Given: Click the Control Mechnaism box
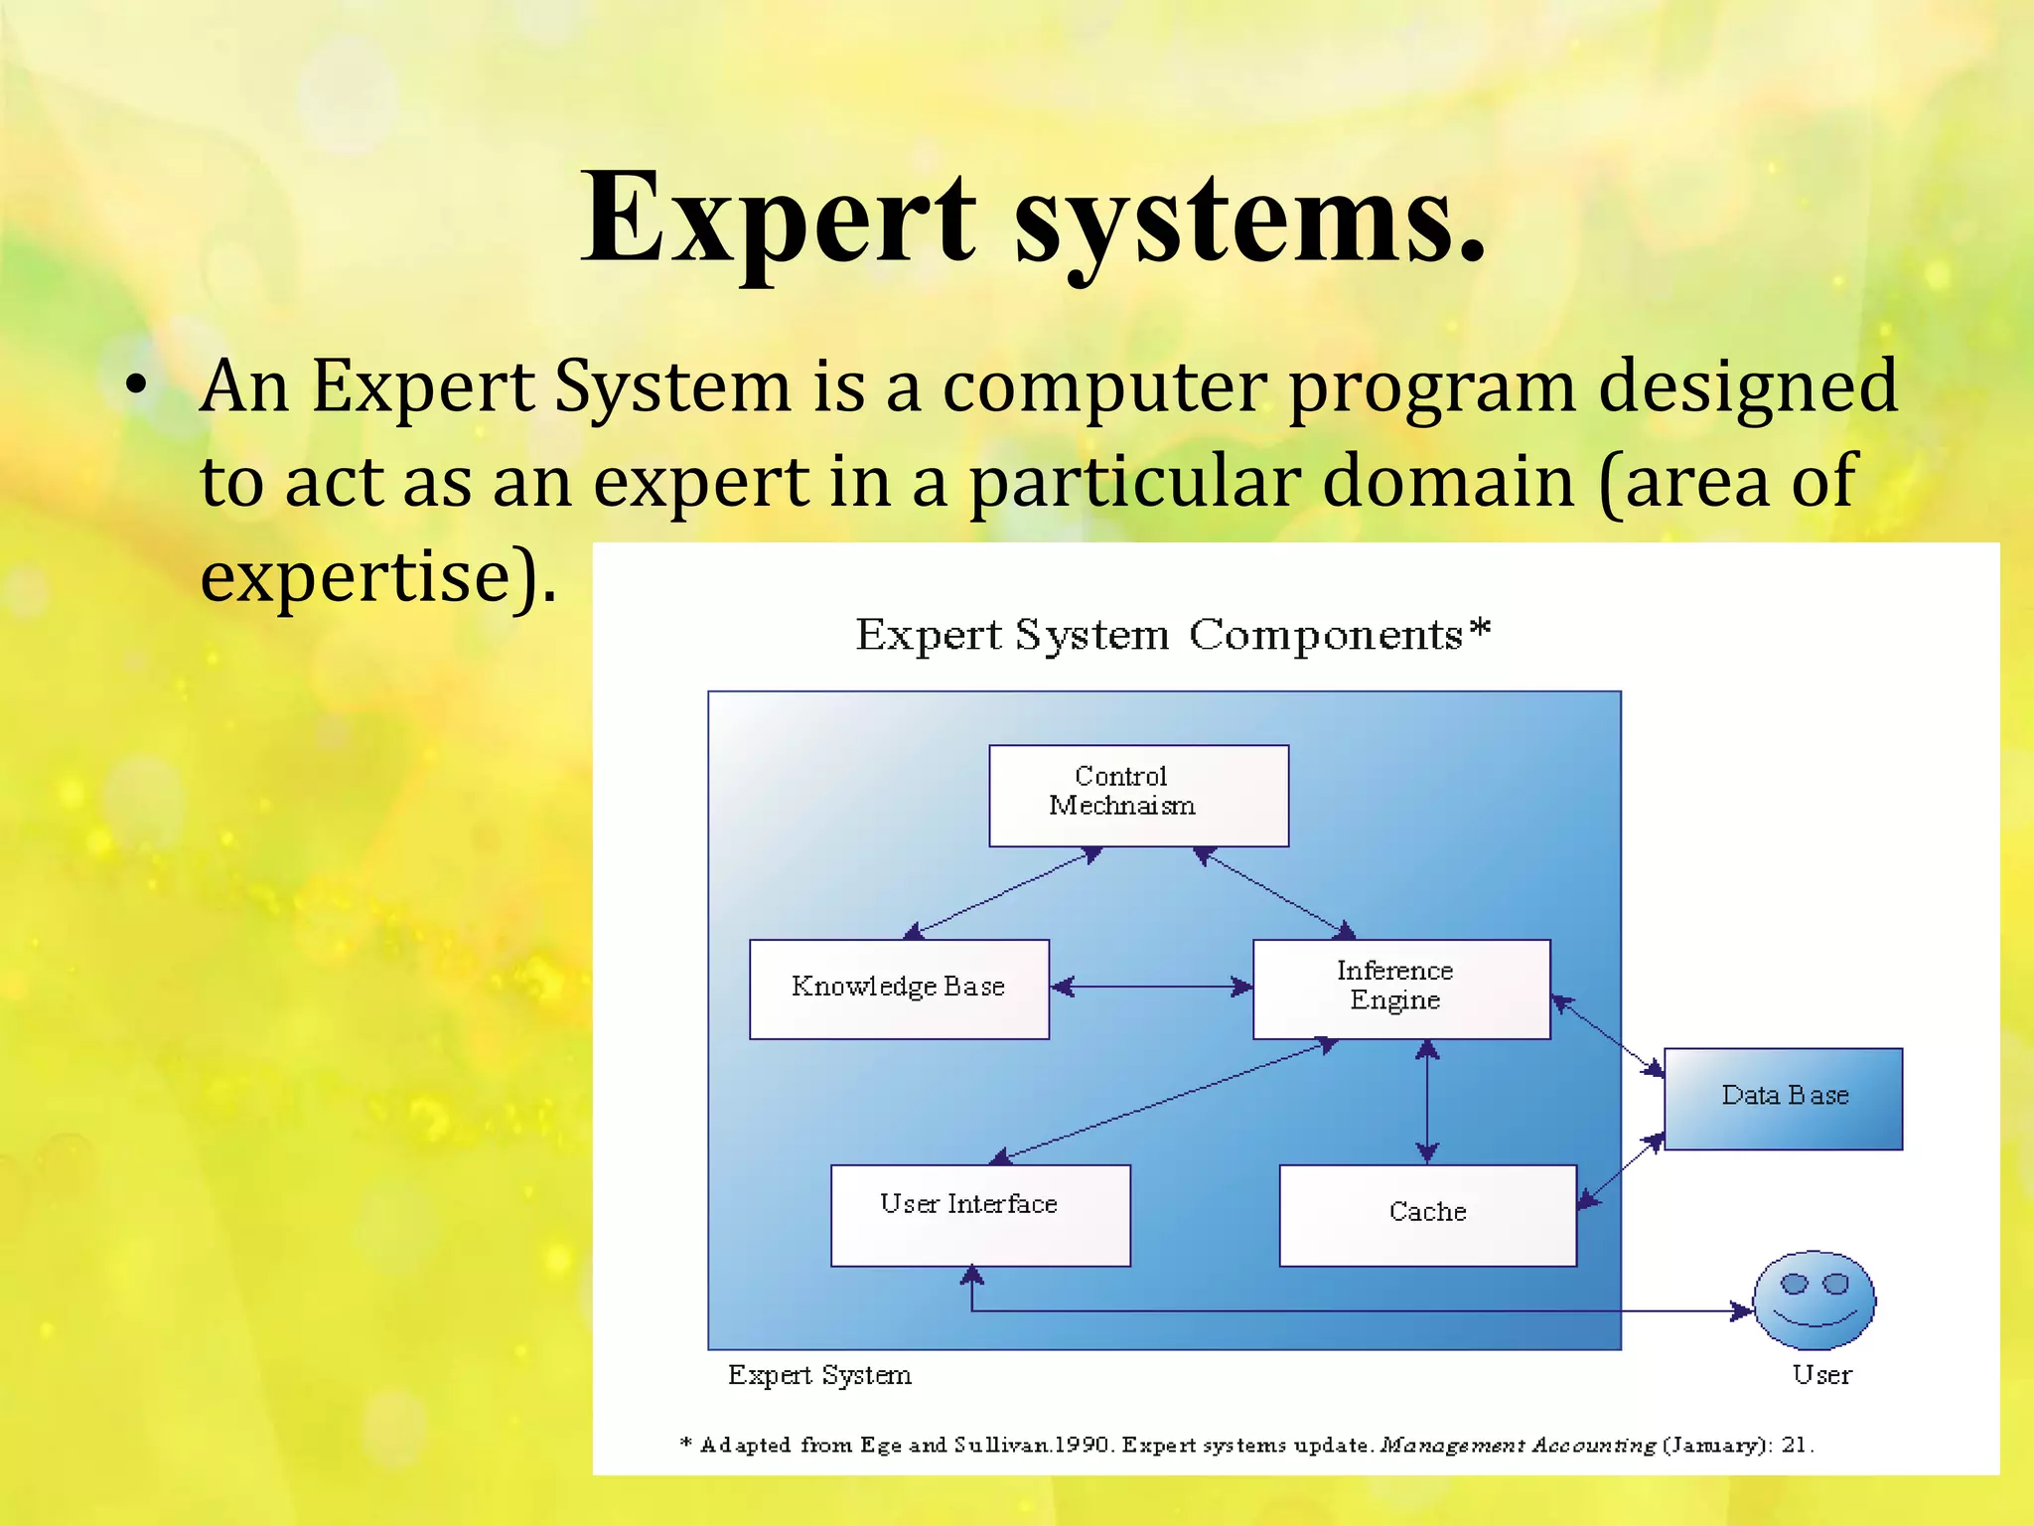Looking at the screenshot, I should point(1138,796).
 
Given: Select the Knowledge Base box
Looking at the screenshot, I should point(899,989).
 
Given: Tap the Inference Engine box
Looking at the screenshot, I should point(1400,989).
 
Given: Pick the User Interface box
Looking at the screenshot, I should point(980,1215).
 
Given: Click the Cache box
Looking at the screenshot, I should point(1427,1215).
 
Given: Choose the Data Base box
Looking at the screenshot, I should point(1783,1098).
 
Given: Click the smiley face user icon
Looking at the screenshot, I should point(1814,1300).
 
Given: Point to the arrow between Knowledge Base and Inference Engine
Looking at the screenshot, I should point(1151,987).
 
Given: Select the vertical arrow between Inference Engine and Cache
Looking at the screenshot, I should point(1427,1101).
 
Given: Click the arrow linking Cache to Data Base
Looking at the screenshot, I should point(1621,1171).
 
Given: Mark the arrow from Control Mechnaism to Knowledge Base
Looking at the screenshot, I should point(1003,892).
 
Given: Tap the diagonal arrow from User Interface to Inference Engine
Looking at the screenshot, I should point(1164,1101).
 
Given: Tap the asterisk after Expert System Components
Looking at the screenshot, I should point(1480,629).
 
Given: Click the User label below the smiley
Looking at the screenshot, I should point(1821,1375).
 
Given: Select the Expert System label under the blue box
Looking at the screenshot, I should point(819,1375).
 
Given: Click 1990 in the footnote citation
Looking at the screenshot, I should point(1081,1445).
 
